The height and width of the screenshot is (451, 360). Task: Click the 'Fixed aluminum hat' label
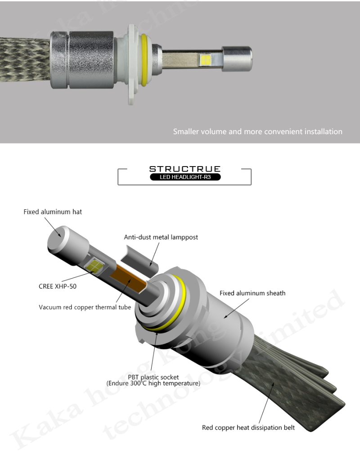(53, 212)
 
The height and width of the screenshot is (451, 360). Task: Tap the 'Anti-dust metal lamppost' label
(161, 237)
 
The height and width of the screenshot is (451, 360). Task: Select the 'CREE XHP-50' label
(58, 286)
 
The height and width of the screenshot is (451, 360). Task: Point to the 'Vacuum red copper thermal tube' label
(85, 307)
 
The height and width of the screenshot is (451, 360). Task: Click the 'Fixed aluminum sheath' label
(252, 293)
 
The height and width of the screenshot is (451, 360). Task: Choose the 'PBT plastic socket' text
(153, 377)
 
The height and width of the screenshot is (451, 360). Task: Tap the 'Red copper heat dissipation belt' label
(248, 428)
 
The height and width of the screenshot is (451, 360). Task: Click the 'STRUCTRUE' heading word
(185, 169)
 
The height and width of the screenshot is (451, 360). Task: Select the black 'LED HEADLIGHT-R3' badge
(185, 177)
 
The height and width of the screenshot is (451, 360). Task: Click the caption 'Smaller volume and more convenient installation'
(258, 132)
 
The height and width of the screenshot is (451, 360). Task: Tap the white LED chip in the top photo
(206, 59)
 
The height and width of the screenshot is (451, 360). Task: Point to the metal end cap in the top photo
(237, 59)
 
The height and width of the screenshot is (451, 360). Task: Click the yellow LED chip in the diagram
(94, 266)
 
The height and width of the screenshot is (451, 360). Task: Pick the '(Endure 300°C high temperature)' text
(153, 383)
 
